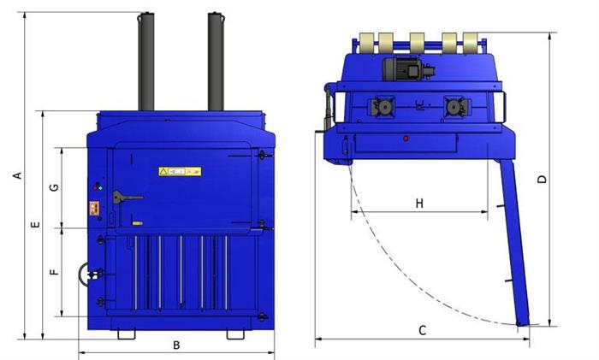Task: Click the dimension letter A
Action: [x=18, y=175]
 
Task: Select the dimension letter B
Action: [x=176, y=345]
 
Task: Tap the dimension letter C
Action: [x=422, y=330]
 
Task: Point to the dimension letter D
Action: [x=542, y=179]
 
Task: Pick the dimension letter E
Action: [x=35, y=225]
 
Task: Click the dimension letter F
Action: [x=55, y=272]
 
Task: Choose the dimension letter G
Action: [x=55, y=187]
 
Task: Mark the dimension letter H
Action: [x=419, y=204]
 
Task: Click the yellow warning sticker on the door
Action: [x=180, y=171]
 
